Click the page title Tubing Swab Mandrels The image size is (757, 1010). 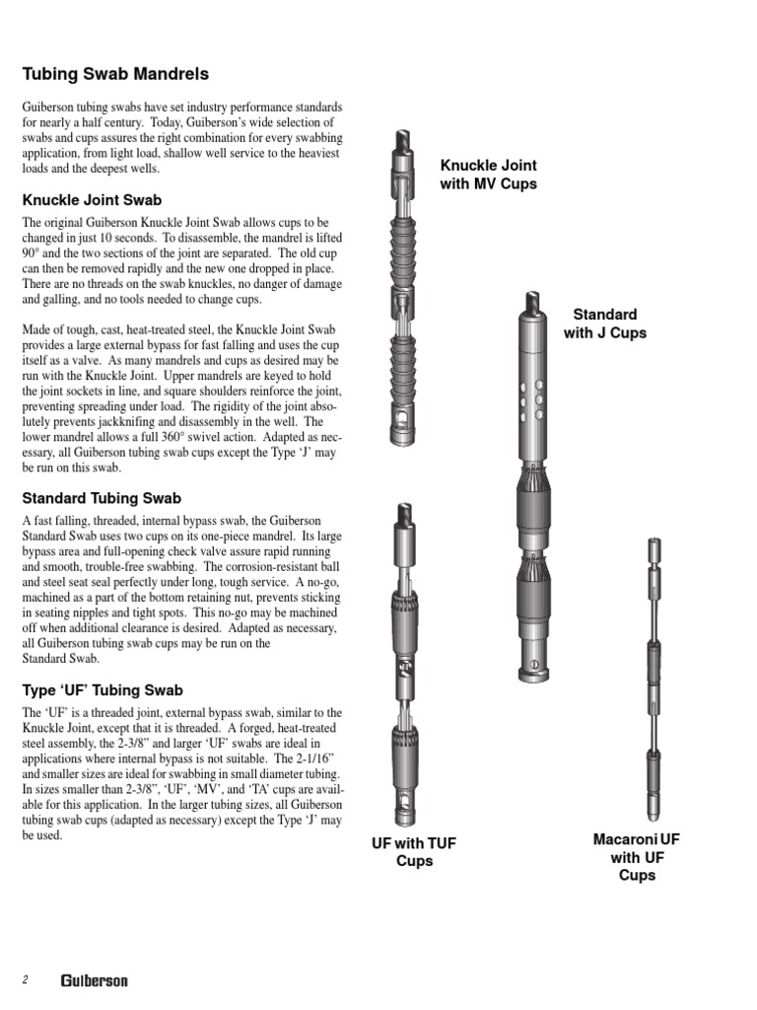click(x=114, y=74)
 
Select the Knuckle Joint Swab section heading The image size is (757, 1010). click(x=92, y=200)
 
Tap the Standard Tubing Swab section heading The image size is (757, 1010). click(x=102, y=498)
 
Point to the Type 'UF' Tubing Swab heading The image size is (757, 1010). click(x=103, y=690)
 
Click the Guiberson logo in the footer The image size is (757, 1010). click(x=94, y=980)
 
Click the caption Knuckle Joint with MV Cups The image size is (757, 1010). click(x=489, y=175)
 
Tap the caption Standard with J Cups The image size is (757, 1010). click(x=604, y=324)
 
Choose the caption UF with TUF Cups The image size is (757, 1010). click(x=413, y=851)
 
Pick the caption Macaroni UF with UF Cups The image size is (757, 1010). click(x=636, y=856)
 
